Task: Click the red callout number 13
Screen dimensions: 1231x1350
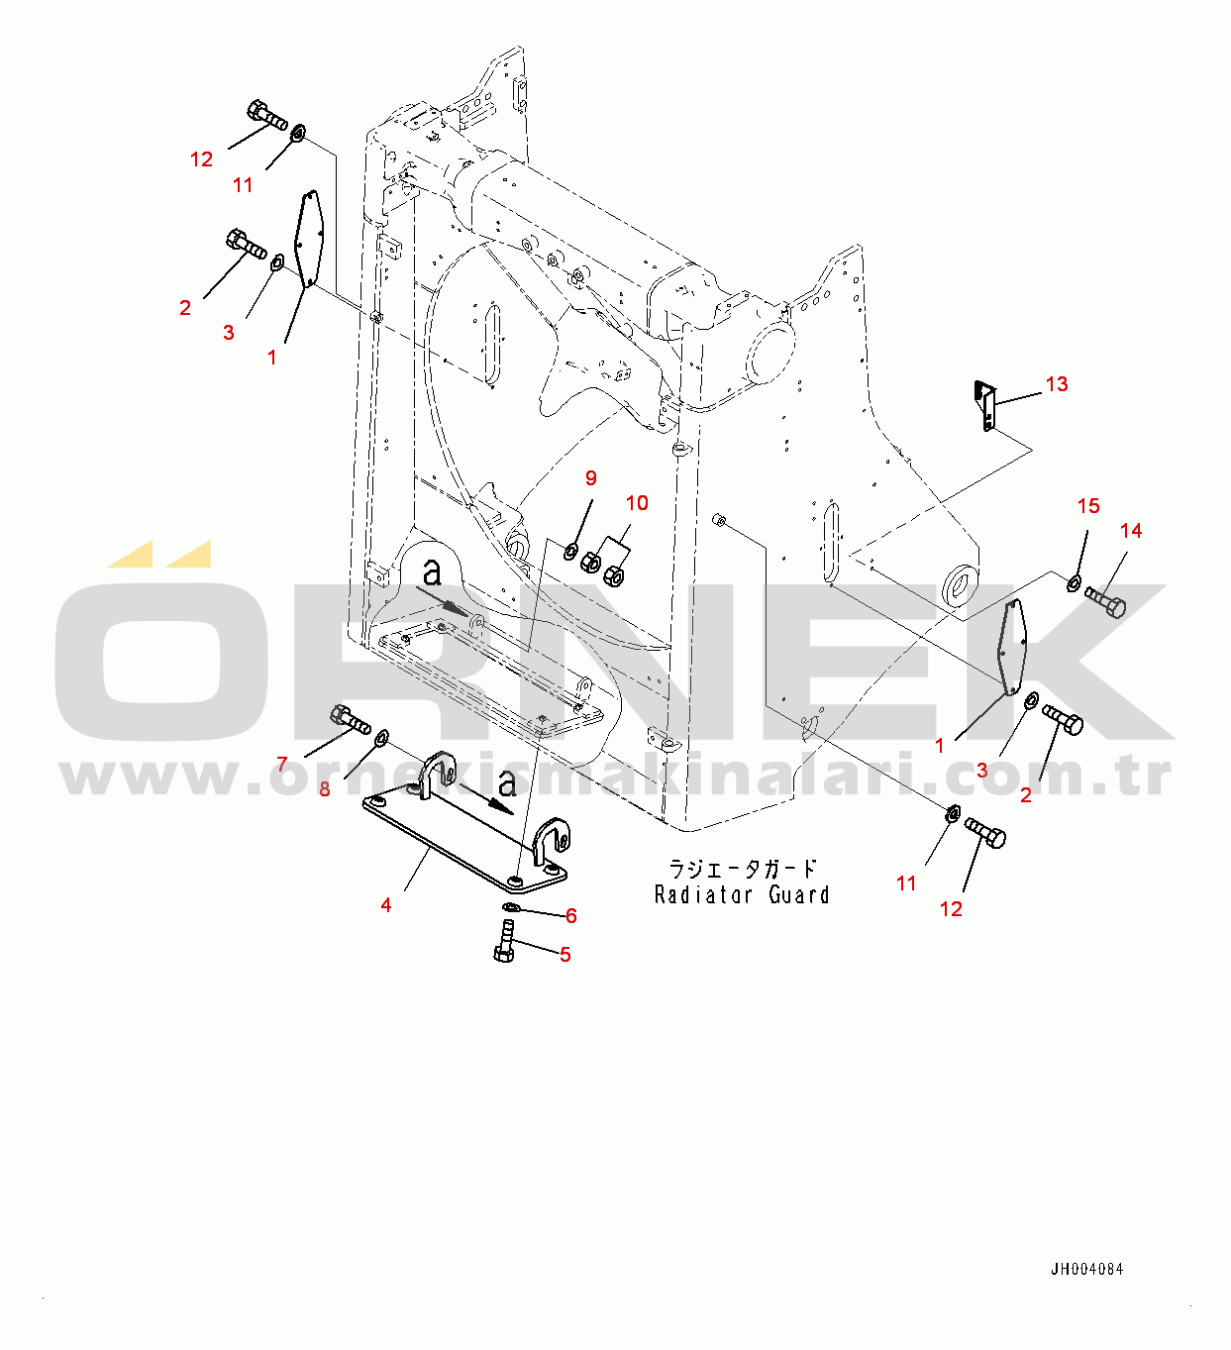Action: click(x=1057, y=384)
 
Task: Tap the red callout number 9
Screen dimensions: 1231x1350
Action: click(x=591, y=477)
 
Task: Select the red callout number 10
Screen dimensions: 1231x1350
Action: click(x=637, y=503)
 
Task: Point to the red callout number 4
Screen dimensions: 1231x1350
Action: click(x=385, y=905)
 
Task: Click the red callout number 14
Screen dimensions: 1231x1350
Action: click(x=1131, y=530)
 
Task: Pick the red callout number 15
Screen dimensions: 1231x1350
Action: click(x=1088, y=505)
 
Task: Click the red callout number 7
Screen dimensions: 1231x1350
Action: click(x=282, y=764)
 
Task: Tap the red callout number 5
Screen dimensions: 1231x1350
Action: click(x=565, y=954)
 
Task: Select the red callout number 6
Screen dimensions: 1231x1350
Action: click(x=570, y=915)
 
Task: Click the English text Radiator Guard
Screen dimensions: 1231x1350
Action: click(x=742, y=894)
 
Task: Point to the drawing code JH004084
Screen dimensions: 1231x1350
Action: click(x=1087, y=1269)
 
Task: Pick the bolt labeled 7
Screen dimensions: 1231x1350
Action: click(x=350, y=720)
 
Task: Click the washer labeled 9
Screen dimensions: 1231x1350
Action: click(x=569, y=552)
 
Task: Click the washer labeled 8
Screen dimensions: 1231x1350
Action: click(x=381, y=737)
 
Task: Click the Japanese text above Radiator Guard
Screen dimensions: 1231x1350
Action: click(x=743, y=869)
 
